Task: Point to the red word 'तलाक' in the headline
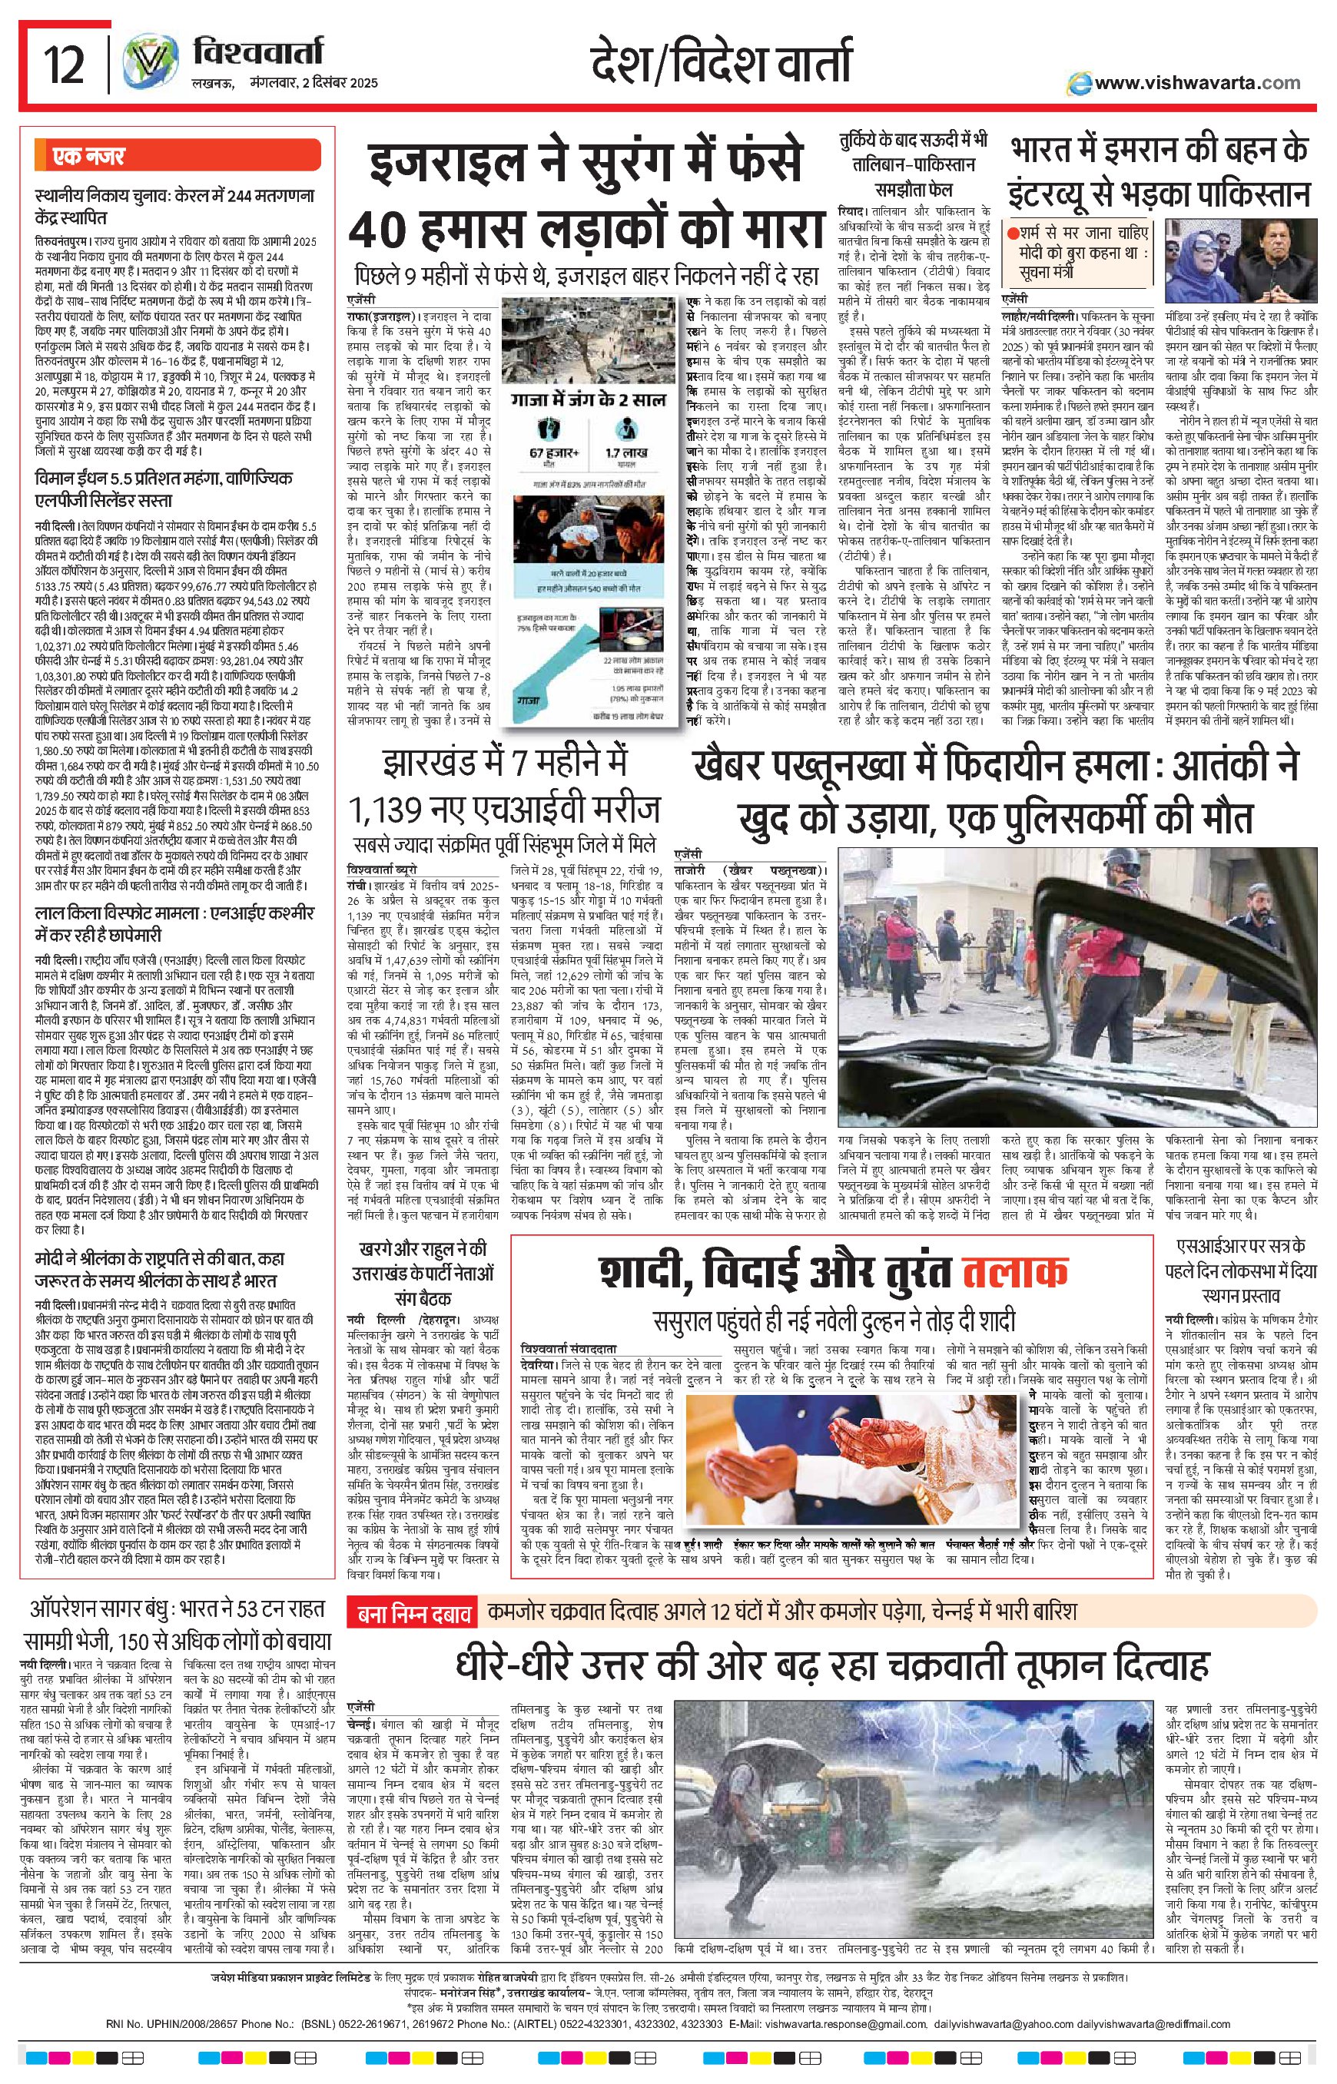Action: [x=1015, y=1273]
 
